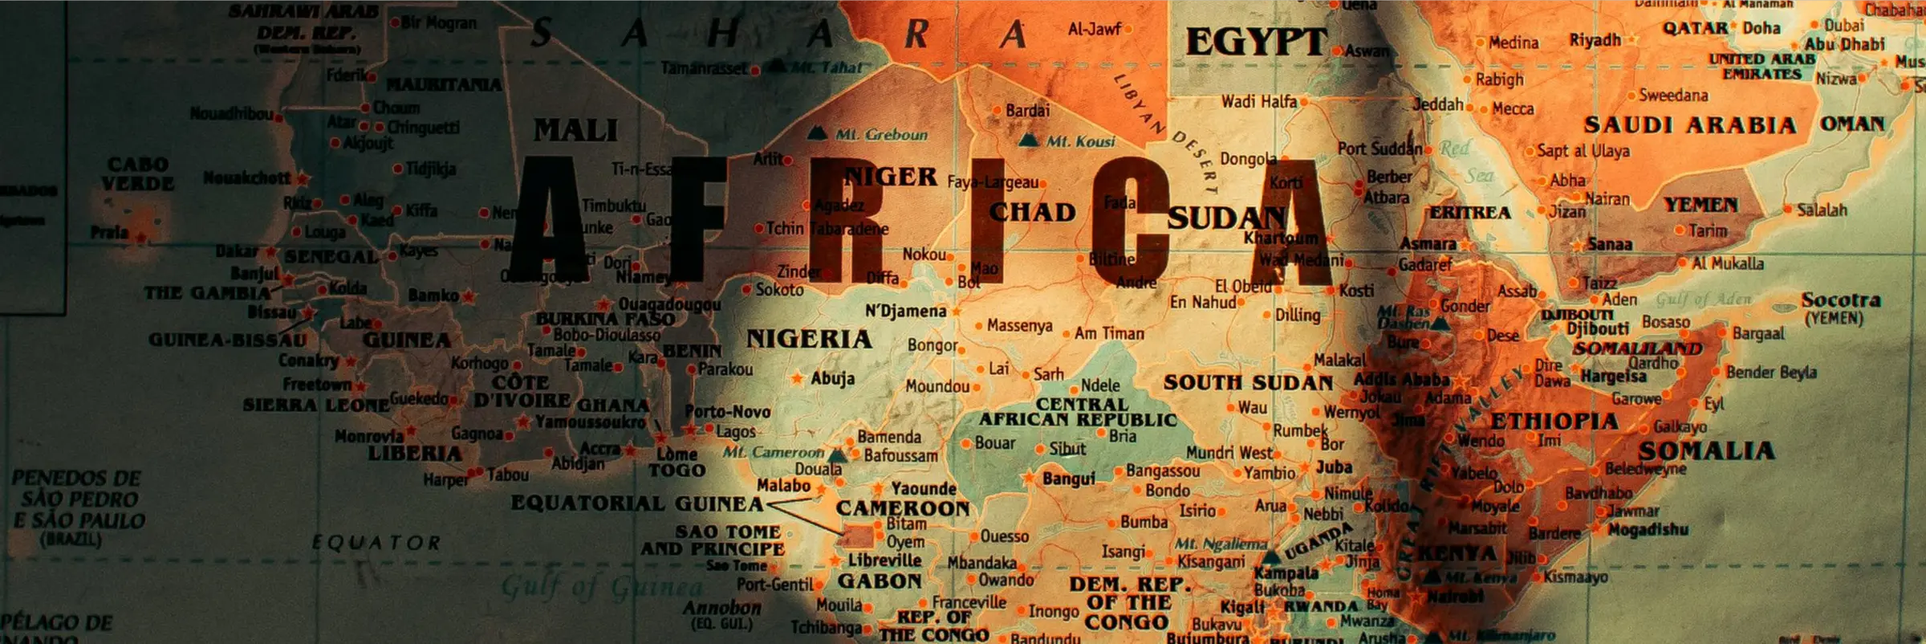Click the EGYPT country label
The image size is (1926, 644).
[x=1256, y=42]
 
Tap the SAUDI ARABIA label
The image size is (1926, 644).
[x=1689, y=125]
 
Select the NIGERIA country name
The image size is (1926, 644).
[x=809, y=340]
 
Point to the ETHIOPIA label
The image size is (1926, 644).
[x=1554, y=422]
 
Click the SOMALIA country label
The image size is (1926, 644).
[x=1706, y=451]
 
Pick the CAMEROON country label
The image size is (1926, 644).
[x=903, y=508]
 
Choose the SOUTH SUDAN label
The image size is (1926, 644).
[x=1248, y=383]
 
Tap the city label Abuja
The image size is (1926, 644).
[x=832, y=378]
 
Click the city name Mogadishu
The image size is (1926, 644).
[x=1648, y=530]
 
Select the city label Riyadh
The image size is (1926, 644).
[x=1595, y=40]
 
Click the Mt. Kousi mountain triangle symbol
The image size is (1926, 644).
[x=1028, y=141]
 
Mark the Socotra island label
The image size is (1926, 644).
[x=1841, y=300]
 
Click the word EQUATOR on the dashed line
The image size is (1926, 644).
[x=376, y=544]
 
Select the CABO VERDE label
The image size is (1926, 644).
[x=138, y=174]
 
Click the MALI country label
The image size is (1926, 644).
[x=575, y=130]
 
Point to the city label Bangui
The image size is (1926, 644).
[x=1068, y=479]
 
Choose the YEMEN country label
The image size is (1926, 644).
[x=1700, y=206]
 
